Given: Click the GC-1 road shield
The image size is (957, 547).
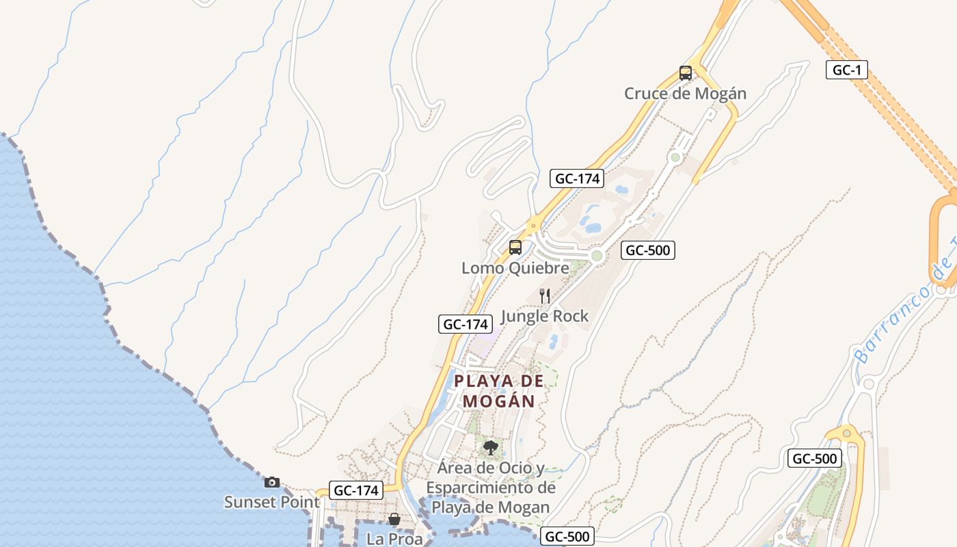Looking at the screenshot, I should pyautogui.click(x=846, y=70).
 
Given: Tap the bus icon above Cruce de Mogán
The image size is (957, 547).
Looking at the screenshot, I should pyautogui.click(x=685, y=73).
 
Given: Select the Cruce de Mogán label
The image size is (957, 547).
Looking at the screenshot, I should pyautogui.click(x=685, y=94).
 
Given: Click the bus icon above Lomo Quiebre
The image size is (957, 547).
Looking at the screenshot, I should pyautogui.click(x=515, y=248).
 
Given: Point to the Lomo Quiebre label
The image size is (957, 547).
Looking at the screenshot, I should pyautogui.click(x=515, y=268).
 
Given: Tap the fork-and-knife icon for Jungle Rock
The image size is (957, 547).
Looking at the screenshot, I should pyautogui.click(x=545, y=295).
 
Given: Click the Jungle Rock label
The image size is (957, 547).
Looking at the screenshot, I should pyautogui.click(x=545, y=316).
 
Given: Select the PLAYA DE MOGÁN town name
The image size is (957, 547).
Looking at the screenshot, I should pyautogui.click(x=499, y=391).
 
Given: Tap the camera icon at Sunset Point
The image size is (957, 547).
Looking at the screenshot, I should pyautogui.click(x=272, y=482).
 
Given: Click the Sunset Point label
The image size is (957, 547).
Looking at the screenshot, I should pyautogui.click(x=271, y=502).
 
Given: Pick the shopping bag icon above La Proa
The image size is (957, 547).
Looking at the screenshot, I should pyautogui.click(x=394, y=519).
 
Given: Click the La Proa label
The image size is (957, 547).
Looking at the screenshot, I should pyautogui.click(x=394, y=539).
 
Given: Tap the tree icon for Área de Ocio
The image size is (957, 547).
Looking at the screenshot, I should pyautogui.click(x=489, y=448).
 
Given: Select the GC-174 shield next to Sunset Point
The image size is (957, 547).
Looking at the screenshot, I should pyautogui.click(x=356, y=490).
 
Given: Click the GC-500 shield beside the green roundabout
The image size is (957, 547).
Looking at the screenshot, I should pyautogui.click(x=647, y=250).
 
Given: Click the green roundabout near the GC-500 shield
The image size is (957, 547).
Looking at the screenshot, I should pyautogui.click(x=597, y=256).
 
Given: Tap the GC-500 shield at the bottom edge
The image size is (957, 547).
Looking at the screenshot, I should pyautogui.click(x=567, y=537).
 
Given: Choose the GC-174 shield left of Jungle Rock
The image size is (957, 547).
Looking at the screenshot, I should pyautogui.click(x=466, y=324).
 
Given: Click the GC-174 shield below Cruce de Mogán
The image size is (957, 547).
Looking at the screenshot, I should pyautogui.click(x=577, y=179).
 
